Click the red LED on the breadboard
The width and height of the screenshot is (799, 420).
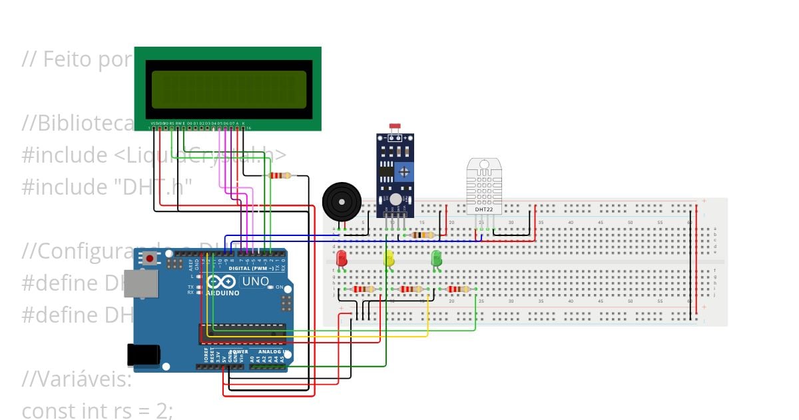(x=342, y=257)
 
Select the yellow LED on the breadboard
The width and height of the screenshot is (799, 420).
(x=389, y=257)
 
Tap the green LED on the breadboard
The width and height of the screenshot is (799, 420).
(x=436, y=257)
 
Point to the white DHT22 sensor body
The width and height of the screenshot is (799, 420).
(x=484, y=183)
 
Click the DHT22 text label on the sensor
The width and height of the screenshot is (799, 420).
(x=484, y=209)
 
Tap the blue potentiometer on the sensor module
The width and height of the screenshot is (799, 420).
(x=403, y=173)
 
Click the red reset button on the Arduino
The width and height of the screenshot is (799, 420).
(x=150, y=258)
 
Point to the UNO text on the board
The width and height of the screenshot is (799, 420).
(x=254, y=282)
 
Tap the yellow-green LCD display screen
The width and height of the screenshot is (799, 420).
(x=228, y=90)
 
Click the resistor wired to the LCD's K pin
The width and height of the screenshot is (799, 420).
(x=280, y=176)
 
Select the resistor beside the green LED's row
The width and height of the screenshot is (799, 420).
(x=458, y=289)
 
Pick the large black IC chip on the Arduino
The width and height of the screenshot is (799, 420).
(x=242, y=334)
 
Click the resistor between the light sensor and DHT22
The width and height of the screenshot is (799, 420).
(x=423, y=235)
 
